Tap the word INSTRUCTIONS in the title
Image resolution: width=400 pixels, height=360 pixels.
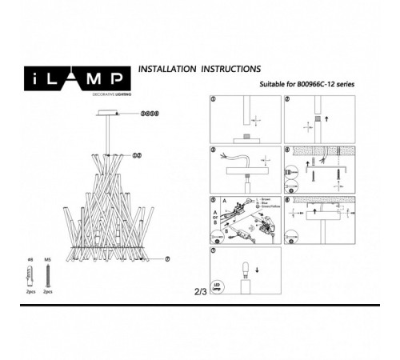pyautogui.click(x=230, y=70)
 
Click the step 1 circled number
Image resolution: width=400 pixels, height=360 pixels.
pyautogui.click(x=213, y=99)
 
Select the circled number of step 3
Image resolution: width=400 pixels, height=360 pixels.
pyautogui.click(x=213, y=150)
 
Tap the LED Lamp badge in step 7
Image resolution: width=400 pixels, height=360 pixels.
pyautogui.click(x=217, y=286)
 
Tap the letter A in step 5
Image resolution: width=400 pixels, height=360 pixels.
pyautogui.click(x=226, y=202)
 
